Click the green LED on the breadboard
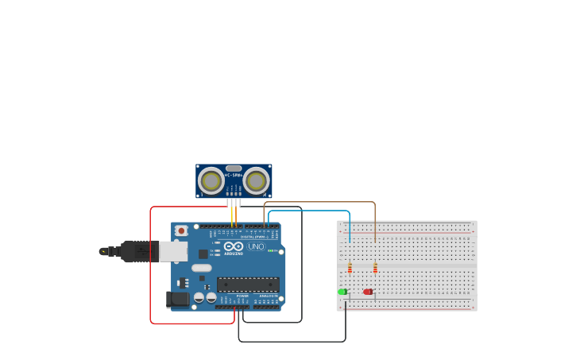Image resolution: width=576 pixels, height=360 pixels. [x=342, y=292]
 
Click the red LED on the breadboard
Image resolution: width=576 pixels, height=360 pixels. [x=368, y=292]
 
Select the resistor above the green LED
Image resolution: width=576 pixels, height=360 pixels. [x=350, y=268]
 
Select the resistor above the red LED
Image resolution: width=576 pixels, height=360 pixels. [x=375, y=268]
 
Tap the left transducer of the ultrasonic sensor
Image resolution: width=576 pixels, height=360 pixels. [x=211, y=180]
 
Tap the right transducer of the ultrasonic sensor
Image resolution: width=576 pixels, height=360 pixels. [x=256, y=180]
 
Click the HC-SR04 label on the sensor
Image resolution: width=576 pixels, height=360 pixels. [x=234, y=175]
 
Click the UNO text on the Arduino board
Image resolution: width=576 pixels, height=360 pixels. [x=256, y=246]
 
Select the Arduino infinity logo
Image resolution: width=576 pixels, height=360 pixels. [x=234, y=246]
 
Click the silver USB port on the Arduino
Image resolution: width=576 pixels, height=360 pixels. [x=173, y=251]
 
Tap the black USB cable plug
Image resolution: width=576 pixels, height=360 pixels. [x=139, y=251]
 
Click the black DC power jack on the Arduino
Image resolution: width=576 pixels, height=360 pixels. [x=179, y=299]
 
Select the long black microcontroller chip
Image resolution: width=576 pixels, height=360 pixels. [x=248, y=284]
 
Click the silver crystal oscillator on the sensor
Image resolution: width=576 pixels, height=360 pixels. [x=234, y=168]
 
